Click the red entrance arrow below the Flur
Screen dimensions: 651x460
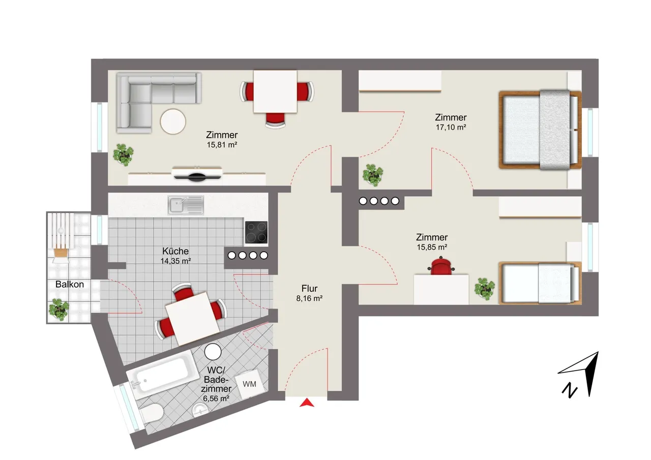click(x=307, y=403)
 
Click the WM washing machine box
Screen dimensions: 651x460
click(x=250, y=384)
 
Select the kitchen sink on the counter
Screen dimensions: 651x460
click(x=186, y=205)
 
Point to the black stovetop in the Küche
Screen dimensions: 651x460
click(x=256, y=232)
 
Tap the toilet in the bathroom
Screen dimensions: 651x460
click(x=151, y=413)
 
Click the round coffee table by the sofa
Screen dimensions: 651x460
click(x=173, y=121)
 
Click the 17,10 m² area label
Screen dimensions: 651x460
click(x=451, y=127)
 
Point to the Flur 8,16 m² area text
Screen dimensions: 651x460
click(x=309, y=293)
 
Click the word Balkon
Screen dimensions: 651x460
click(x=70, y=284)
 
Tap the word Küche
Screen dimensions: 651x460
click(x=175, y=251)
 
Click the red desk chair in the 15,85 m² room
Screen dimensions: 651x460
click(x=441, y=266)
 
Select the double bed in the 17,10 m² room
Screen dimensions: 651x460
click(x=540, y=130)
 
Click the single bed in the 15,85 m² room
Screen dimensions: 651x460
click(x=540, y=283)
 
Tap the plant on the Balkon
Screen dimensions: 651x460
click(x=58, y=310)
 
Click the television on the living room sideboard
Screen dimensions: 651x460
click(x=197, y=174)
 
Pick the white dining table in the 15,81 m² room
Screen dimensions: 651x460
click(x=275, y=91)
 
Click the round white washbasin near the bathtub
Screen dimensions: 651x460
click(x=213, y=352)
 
